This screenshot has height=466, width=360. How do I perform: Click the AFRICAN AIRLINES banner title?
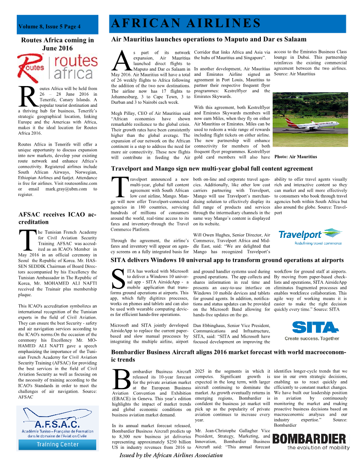(186, 23)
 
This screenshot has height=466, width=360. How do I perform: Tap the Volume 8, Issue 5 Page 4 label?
(49, 26)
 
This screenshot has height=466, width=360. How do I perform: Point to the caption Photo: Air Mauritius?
(295, 157)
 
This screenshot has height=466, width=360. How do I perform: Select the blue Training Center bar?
(57, 444)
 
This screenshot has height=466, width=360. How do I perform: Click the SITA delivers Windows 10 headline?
(227, 260)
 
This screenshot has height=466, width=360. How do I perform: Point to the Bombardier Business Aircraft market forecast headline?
(229, 356)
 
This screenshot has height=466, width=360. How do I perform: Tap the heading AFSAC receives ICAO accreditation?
(57, 218)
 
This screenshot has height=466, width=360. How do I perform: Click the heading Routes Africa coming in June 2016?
(57, 44)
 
